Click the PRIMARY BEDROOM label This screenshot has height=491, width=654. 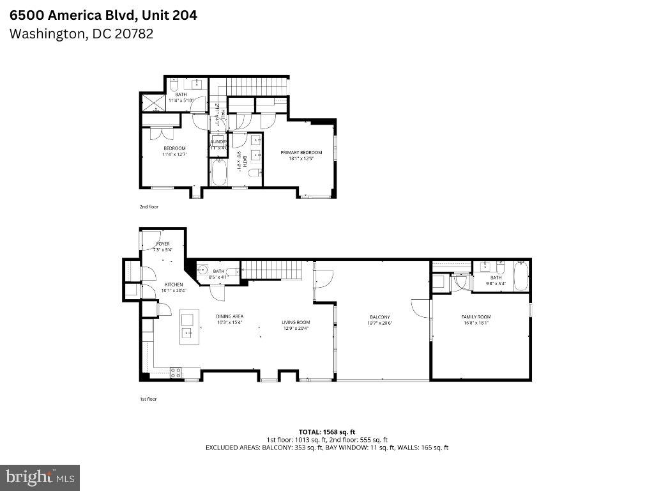point(301,152)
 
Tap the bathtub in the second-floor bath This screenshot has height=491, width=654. point(219,173)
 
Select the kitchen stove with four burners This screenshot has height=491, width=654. point(176,373)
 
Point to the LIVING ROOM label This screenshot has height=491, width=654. point(296,322)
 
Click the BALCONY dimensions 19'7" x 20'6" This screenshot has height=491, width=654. point(379,323)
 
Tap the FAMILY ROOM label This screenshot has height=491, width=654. point(476,317)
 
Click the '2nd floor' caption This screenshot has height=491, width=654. point(148,207)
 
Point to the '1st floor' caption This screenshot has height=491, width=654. point(148,399)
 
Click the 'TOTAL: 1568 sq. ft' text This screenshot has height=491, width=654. point(326,432)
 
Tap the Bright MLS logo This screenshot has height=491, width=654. point(40,477)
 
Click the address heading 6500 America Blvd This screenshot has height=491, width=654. point(103,15)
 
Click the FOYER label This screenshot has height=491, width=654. point(154,244)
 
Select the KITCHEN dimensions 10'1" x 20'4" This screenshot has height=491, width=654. point(174,291)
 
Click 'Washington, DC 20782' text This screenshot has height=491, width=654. point(81,34)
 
